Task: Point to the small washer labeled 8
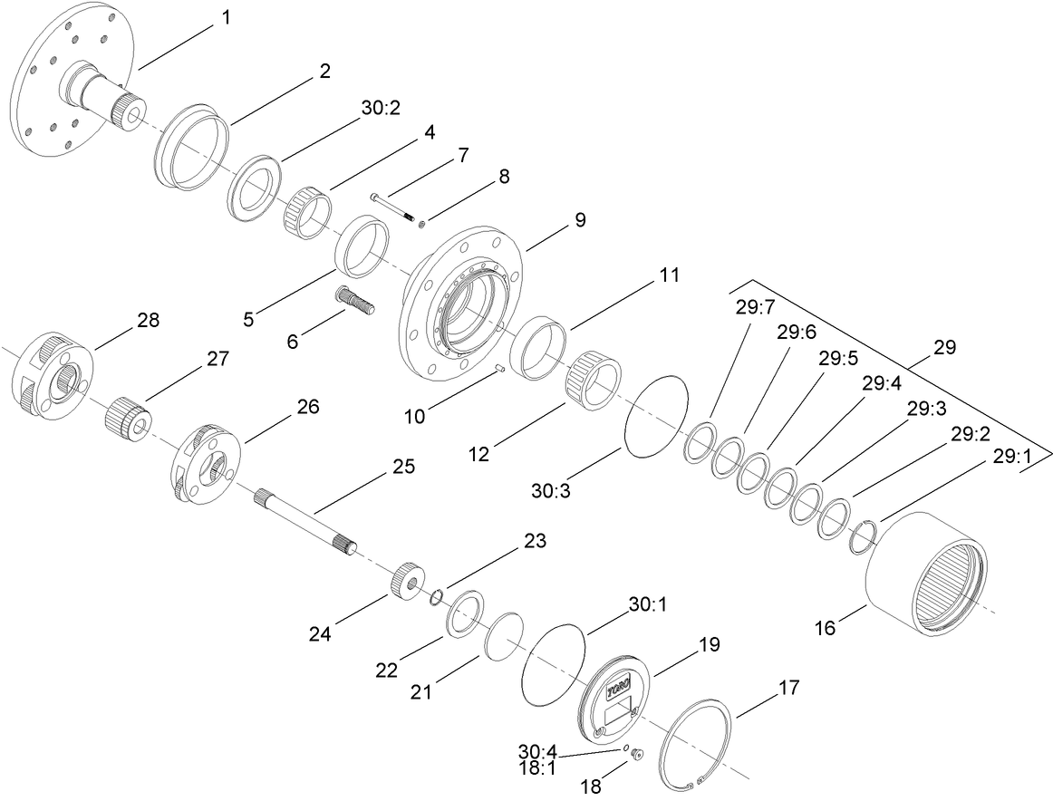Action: click(423, 223)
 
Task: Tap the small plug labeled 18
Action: click(635, 754)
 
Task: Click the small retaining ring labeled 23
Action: click(436, 595)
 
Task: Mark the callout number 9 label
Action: click(578, 220)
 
